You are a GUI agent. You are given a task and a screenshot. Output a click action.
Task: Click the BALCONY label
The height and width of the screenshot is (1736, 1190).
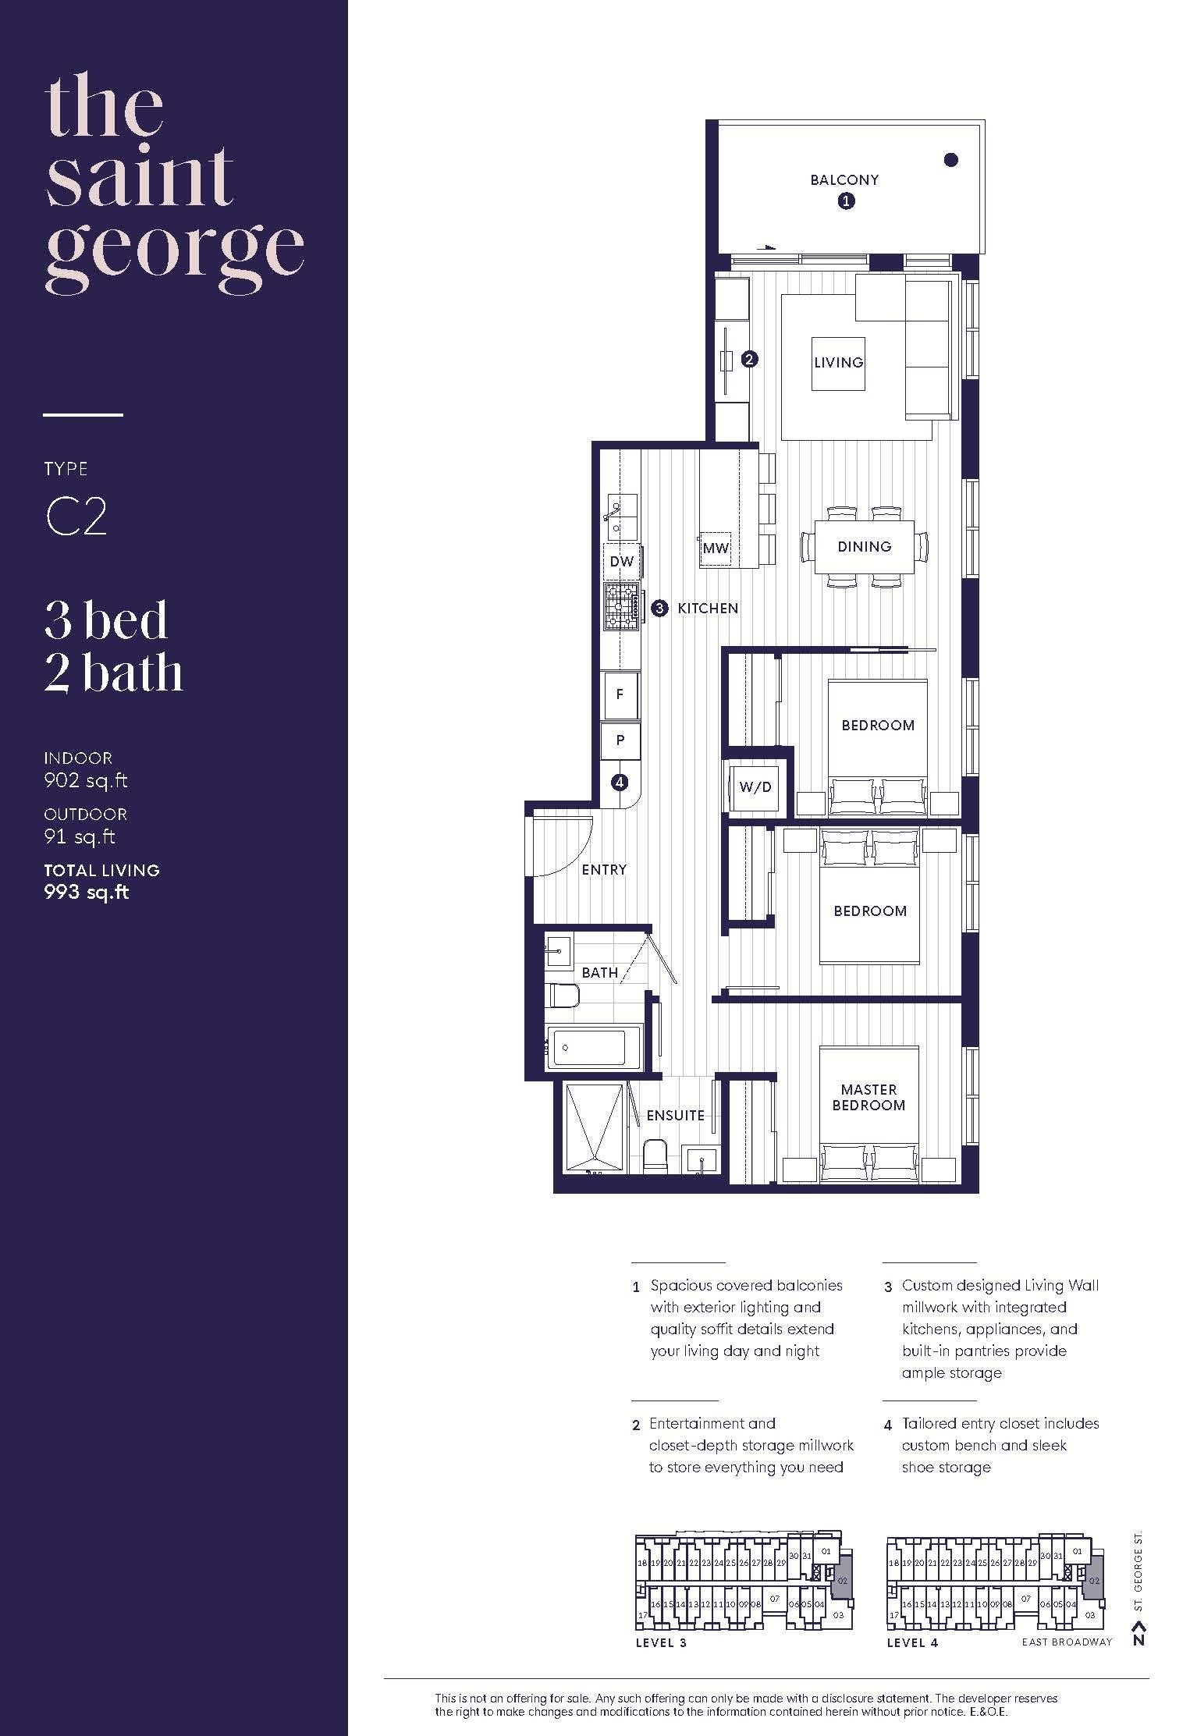[x=844, y=180]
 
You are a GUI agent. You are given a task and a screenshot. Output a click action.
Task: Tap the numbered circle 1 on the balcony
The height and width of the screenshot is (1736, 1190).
[x=846, y=201]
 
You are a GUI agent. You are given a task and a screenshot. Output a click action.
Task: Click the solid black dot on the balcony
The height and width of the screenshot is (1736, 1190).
[x=950, y=160]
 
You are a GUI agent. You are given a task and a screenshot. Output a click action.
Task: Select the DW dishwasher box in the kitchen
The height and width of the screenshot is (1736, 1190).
[x=622, y=562]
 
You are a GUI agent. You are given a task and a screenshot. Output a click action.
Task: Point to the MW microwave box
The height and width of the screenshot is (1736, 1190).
[x=715, y=548]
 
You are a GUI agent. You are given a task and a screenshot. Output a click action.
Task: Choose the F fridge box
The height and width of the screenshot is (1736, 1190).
[x=620, y=694]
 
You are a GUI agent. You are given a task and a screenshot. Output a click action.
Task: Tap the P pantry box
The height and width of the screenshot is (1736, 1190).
[x=620, y=740]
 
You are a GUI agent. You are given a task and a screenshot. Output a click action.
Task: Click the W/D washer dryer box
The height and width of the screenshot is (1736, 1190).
[x=755, y=786]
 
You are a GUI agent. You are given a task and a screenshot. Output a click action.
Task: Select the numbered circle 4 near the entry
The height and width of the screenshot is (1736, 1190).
[x=620, y=782]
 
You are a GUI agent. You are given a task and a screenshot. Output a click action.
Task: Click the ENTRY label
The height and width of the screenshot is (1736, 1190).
[x=604, y=870]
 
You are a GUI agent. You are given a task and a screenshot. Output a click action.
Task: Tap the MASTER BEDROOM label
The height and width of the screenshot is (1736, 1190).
[x=869, y=1097]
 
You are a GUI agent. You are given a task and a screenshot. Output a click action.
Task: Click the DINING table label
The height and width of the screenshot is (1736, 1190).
[x=864, y=547]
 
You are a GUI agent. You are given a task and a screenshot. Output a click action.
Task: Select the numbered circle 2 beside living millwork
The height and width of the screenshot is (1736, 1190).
[x=749, y=360]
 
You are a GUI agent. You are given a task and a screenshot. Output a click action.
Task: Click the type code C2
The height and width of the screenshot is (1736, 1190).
[x=76, y=517]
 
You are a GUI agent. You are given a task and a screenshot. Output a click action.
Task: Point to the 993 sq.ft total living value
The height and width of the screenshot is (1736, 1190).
[x=87, y=893]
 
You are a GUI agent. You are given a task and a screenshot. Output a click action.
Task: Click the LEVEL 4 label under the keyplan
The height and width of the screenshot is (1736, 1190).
[x=912, y=1642]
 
